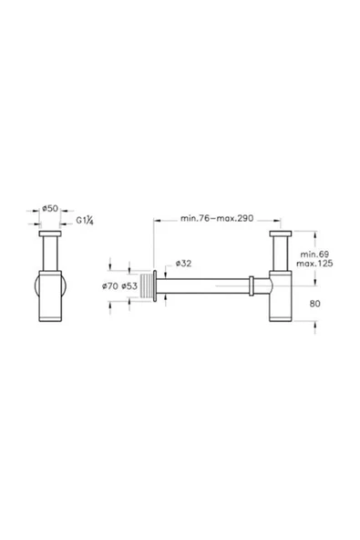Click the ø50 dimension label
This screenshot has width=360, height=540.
click(x=51, y=209)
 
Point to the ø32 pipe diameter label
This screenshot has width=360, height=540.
click(x=180, y=263)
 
